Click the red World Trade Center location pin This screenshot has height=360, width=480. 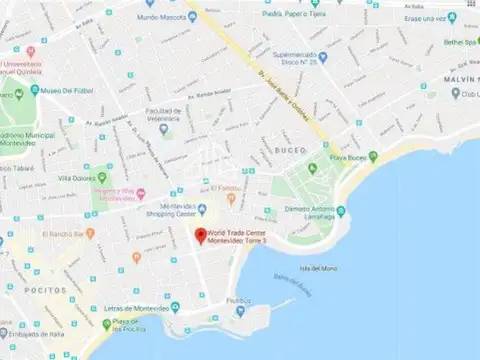(x=199, y=236)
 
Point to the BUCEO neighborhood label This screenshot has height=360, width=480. (x=290, y=150)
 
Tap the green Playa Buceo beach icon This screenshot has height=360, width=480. (x=373, y=156)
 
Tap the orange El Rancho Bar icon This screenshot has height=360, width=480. (x=36, y=236)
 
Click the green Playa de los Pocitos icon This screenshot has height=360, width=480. (x=106, y=324)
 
